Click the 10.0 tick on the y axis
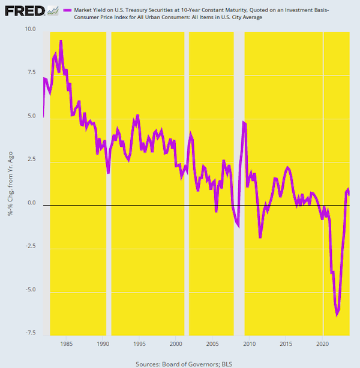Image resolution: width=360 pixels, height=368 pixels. coord(30,29)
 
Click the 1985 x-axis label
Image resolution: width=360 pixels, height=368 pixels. coord(67,345)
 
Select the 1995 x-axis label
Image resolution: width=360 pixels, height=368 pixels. coord(139,345)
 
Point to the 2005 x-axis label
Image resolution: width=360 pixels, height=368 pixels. coord(212,345)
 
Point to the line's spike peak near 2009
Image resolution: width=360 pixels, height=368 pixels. coord(244,122)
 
